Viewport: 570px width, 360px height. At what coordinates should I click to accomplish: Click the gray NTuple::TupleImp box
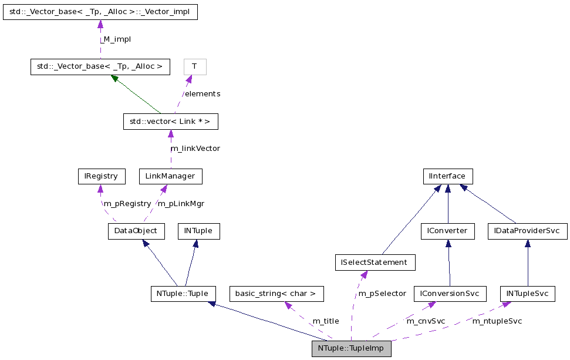[x=351, y=348]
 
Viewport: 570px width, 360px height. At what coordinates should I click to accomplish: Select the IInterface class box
[x=447, y=176]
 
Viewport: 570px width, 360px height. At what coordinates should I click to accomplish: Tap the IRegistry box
[x=102, y=176]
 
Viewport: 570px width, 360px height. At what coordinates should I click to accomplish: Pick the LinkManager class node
[x=170, y=176]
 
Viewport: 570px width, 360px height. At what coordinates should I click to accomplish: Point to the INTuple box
[x=198, y=231]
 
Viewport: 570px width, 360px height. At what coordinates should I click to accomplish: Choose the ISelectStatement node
[x=375, y=263]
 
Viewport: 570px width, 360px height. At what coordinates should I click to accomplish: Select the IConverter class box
[x=447, y=231]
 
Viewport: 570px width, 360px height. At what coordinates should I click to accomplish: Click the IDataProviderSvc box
[x=527, y=231]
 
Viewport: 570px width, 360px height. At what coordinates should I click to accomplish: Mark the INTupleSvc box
[x=527, y=294]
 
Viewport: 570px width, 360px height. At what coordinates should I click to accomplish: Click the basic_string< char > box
[x=276, y=294]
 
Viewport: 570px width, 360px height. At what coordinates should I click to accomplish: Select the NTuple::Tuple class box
[x=183, y=294]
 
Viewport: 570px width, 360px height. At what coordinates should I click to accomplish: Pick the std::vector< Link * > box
[x=170, y=122]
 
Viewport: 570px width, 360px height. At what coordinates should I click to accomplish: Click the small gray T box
[x=194, y=67]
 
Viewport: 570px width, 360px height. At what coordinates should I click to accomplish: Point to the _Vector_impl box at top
[x=100, y=12]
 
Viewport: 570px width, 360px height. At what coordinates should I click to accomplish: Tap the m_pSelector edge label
[x=382, y=294]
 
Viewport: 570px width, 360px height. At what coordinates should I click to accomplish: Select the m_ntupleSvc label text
[x=497, y=321]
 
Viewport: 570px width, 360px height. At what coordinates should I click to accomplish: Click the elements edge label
[x=203, y=94]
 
